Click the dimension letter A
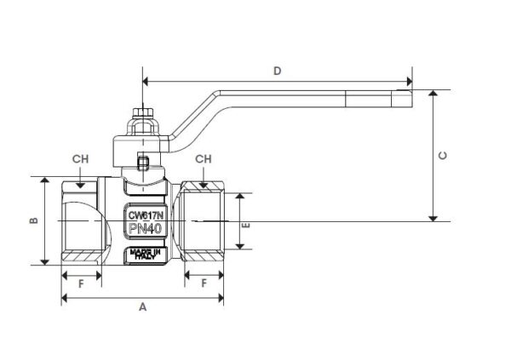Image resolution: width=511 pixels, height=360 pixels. [x=142, y=307]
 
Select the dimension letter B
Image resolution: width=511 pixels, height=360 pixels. [x=33, y=220]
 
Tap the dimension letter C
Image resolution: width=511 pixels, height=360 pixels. [x=443, y=156]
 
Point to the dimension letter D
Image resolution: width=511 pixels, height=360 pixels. [x=277, y=71]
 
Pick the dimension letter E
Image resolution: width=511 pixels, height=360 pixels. [x=245, y=226]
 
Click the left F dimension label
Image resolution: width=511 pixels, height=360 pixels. [x=81, y=283]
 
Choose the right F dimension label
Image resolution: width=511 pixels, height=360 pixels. [x=204, y=283]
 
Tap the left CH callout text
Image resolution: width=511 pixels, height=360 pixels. [x=80, y=159]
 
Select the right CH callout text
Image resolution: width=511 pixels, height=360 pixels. [x=204, y=159]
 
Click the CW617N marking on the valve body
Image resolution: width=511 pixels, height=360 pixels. [x=145, y=215]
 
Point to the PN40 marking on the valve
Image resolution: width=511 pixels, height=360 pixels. [x=145, y=228]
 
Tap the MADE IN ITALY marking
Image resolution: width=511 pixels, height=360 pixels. [x=145, y=254]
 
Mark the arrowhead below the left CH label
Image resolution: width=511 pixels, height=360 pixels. [x=80, y=185]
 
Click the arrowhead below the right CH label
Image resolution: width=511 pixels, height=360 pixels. [x=204, y=185]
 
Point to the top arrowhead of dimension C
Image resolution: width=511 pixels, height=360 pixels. [x=433, y=93]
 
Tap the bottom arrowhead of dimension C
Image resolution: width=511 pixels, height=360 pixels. [x=433, y=218]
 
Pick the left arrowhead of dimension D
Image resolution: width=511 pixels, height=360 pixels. [x=146, y=82]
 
